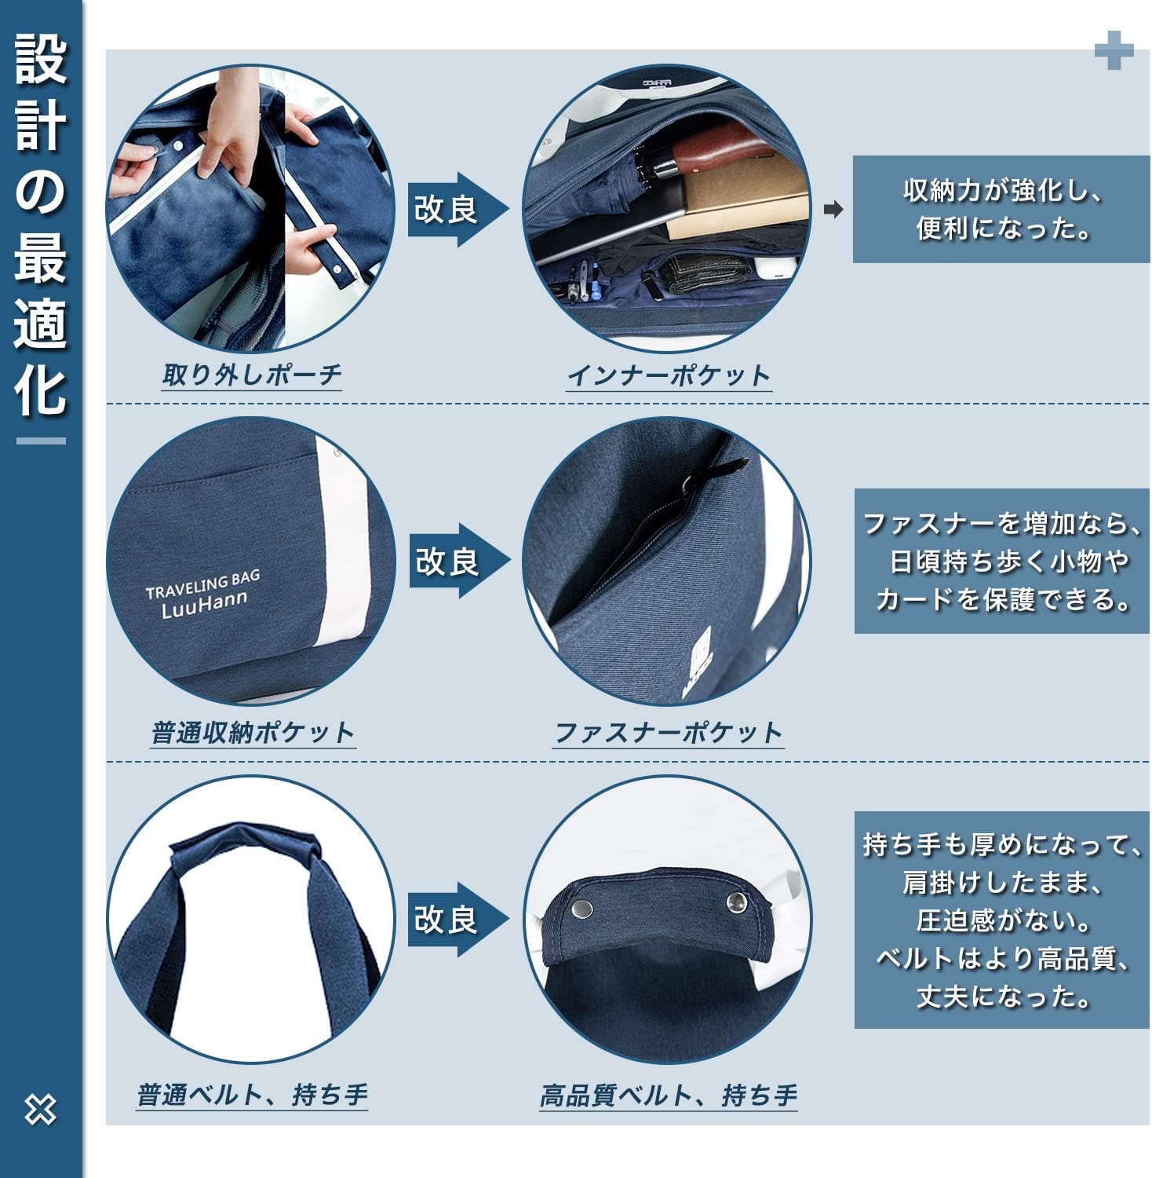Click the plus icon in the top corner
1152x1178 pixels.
[1114, 50]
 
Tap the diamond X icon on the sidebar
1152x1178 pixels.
[40, 1109]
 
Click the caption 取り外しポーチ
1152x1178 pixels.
[252, 375]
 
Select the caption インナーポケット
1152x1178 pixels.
[669, 375]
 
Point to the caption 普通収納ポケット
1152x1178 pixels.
[253, 733]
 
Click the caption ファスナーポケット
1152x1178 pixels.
[668, 733]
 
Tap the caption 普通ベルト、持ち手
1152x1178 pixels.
[252, 1094]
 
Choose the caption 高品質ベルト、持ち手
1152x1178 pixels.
[668, 1095]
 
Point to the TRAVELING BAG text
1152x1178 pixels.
[202, 584]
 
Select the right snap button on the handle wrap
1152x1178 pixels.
[736, 902]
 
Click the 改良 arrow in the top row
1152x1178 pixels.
[455, 209]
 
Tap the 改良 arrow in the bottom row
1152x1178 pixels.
[455, 919]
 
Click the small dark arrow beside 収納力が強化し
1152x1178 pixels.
[833, 210]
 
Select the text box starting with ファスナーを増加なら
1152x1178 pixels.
[1001, 561]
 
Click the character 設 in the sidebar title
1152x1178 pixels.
[41, 59]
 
